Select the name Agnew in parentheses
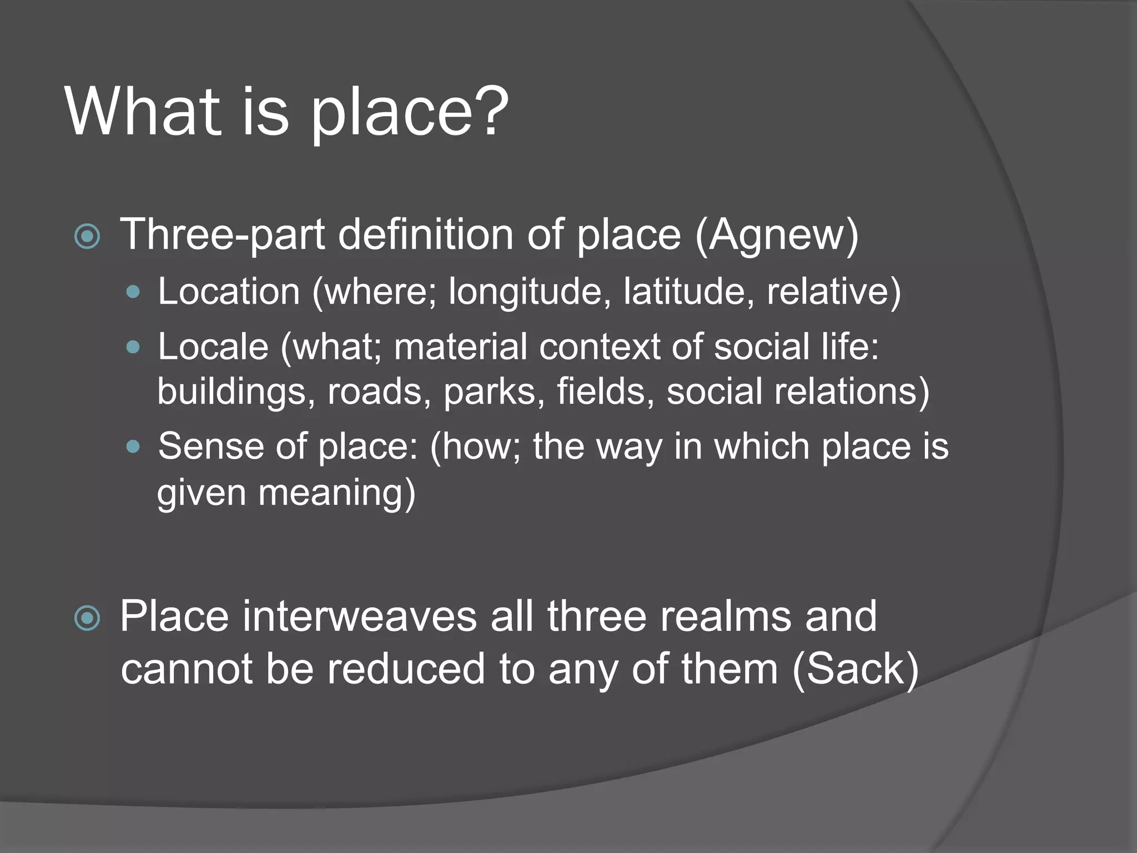pos(777,235)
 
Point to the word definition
pos(425,234)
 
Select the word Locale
pos(213,347)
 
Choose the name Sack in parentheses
pos(855,669)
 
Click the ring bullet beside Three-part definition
pos(87,237)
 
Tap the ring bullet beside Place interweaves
pos(87,619)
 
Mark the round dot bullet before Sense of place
pos(133,446)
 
